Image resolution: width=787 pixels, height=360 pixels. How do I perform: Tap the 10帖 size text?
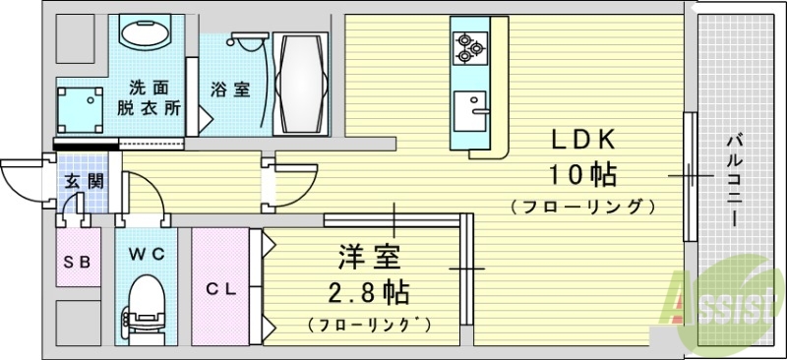click(x=582, y=175)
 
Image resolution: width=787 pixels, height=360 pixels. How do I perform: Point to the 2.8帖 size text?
click(x=370, y=292)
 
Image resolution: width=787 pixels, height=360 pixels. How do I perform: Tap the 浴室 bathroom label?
click(x=229, y=90)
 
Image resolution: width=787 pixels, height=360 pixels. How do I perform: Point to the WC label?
click(x=147, y=254)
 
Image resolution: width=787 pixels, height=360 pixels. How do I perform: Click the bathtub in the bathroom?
click(x=300, y=87)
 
